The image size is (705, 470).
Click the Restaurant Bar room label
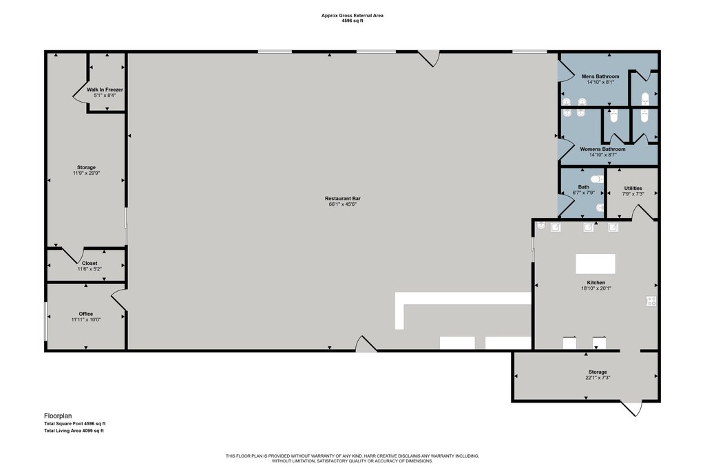tap(343, 199)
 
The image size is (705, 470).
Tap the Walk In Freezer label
tap(105, 90)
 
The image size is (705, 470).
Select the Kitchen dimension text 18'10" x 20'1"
tap(596, 288)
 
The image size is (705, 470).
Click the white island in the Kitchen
tap(596, 264)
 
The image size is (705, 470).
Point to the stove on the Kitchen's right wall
tap(651, 301)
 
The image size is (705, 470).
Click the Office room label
tap(86, 314)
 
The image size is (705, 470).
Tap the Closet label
tap(90, 264)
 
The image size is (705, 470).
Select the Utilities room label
tap(633, 189)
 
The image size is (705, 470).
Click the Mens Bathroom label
tap(600, 76)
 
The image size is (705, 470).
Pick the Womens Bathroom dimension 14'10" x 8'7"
tap(603, 155)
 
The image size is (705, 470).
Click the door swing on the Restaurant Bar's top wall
tap(429, 58)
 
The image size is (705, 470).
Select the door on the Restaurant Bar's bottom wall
tap(366, 344)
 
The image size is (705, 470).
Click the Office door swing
tap(119, 299)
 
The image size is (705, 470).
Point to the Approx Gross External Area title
tap(352, 16)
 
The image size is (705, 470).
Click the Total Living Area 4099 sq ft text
tap(74, 431)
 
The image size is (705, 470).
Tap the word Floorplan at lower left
tap(58, 416)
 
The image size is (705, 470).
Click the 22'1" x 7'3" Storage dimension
tap(598, 378)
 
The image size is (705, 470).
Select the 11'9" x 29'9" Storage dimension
tap(86, 173)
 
